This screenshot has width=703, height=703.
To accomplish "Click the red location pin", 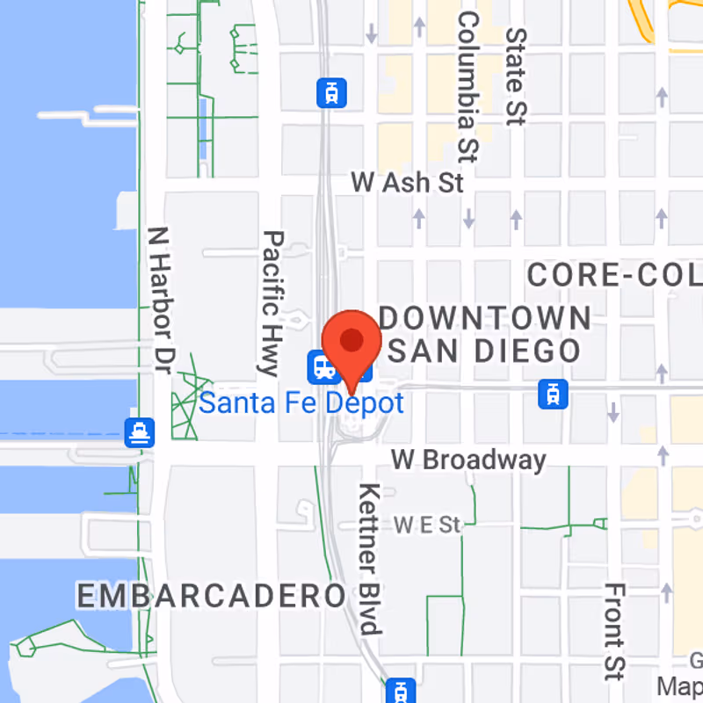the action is (351, 343).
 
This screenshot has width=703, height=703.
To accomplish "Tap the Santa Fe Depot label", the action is (301, 403).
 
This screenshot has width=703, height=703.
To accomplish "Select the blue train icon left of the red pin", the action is (322, 366).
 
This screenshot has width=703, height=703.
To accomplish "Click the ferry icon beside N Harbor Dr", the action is (140, 431).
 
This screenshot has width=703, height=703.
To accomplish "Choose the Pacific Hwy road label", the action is (272, 302).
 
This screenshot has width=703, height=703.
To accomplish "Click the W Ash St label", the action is (407, 183).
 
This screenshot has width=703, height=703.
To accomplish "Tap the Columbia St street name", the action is (467, 86).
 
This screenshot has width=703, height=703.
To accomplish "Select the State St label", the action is (515, 76).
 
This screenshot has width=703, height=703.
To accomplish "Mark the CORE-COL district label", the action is (614, 275).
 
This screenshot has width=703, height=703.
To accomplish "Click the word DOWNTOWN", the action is (485, 318).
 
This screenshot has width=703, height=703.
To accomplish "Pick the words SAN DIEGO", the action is (484, 351).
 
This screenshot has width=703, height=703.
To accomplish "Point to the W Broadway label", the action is (468, 459).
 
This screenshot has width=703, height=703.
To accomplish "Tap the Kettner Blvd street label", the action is (370, 558).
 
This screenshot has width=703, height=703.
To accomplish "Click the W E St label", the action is (427, 525).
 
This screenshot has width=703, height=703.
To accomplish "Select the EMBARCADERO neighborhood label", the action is (211, 595).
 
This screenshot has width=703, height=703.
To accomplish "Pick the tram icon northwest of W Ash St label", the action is (331, 91).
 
